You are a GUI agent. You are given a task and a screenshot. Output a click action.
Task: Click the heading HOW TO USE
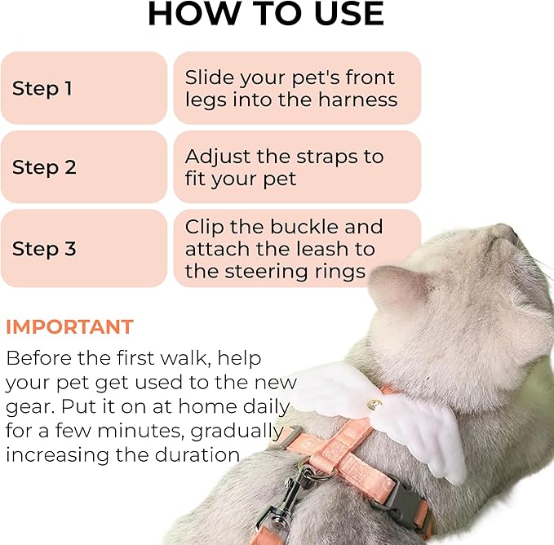(266, 13)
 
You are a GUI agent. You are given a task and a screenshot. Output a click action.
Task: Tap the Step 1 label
(42, 88)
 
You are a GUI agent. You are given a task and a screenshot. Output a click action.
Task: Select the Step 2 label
(44, 167)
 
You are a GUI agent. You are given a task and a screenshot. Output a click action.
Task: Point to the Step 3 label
(44, 249)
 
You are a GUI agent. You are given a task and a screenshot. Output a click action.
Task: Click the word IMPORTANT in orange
(69, 326)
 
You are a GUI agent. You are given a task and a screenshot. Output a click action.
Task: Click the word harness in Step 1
(358, 100)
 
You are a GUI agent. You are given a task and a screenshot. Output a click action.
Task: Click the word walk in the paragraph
(183, 358)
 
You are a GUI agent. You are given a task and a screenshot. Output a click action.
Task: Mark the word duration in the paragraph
(197, 455)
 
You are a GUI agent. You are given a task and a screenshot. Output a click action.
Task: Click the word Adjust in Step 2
(218, 157)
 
